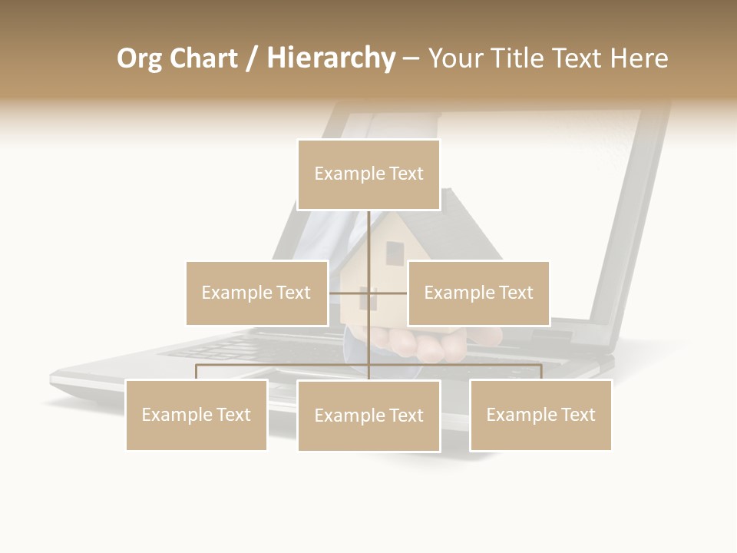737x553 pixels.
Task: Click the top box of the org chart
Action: (x=368, y=174)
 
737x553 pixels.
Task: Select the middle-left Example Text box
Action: (x=256, y=293)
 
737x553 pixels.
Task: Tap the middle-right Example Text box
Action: (x=478, y=293)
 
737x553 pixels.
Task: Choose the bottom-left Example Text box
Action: (x=197, y=415)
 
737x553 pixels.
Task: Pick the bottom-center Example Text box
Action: (x=368, y=416)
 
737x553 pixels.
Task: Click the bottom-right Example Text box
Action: (x=540, y=415)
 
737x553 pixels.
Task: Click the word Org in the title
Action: (x=139, y=59)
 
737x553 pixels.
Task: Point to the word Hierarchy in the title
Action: (x=331, y=59)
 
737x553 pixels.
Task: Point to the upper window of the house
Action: (x=394, y=253)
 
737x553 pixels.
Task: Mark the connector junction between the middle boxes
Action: (x=368, y=293)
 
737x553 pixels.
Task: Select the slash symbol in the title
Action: (x=252, y=59)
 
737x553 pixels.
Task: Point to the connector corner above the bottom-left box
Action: (x=197, y=366)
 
